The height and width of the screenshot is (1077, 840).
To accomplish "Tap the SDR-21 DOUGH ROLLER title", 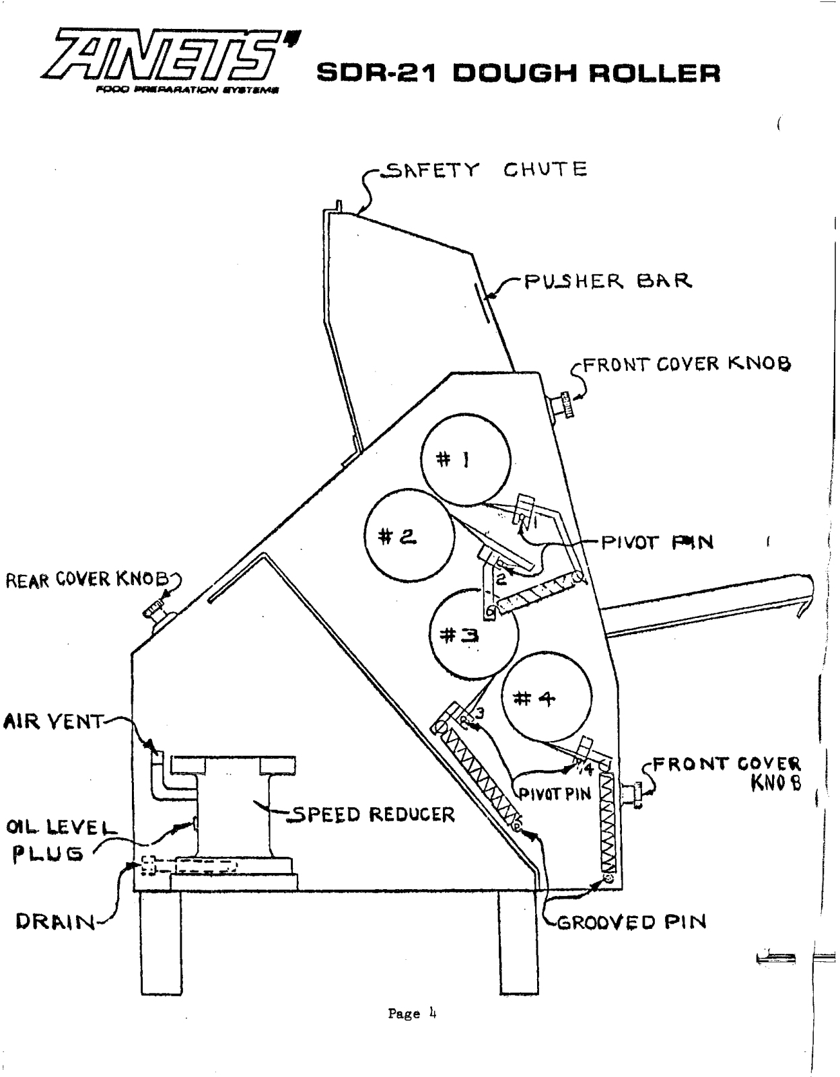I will click(518, 73).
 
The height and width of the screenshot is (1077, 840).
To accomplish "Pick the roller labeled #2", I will click(409, 535).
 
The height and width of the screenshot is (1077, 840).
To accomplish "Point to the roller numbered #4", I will click(547, 698).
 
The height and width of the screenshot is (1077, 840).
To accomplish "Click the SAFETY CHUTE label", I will click(483, 170).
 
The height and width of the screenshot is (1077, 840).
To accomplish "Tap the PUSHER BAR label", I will click(608, 280).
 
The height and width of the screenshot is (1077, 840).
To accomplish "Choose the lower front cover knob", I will click(632, 792).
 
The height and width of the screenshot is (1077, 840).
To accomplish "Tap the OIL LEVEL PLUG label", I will click(59, 839).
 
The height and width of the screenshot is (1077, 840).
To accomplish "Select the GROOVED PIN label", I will click(631, 922).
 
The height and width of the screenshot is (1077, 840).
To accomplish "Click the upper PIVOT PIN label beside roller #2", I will click(657, 542).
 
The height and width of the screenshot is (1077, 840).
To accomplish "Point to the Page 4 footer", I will click(412, 1013).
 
